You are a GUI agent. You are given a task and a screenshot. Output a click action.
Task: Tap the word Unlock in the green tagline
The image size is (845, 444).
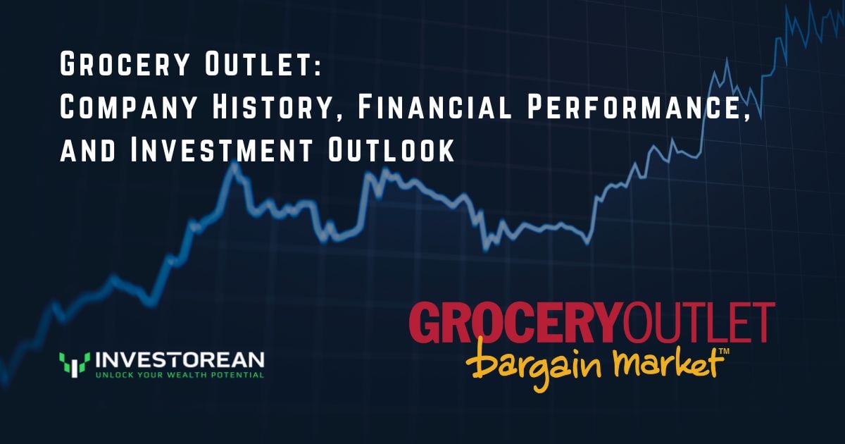tap(112, 375)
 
